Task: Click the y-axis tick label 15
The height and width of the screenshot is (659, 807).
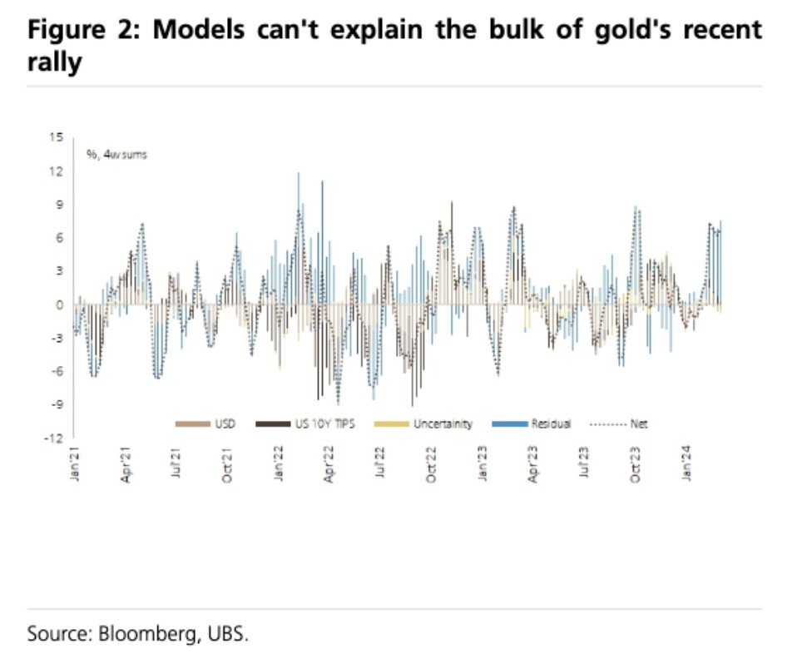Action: (58, 137)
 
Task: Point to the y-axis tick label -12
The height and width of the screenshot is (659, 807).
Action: (57, 439)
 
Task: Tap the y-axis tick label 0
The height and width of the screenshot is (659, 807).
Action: (61, 305)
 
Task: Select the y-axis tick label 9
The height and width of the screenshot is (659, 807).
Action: (61, 205)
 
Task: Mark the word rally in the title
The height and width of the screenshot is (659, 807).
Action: (55, 62)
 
